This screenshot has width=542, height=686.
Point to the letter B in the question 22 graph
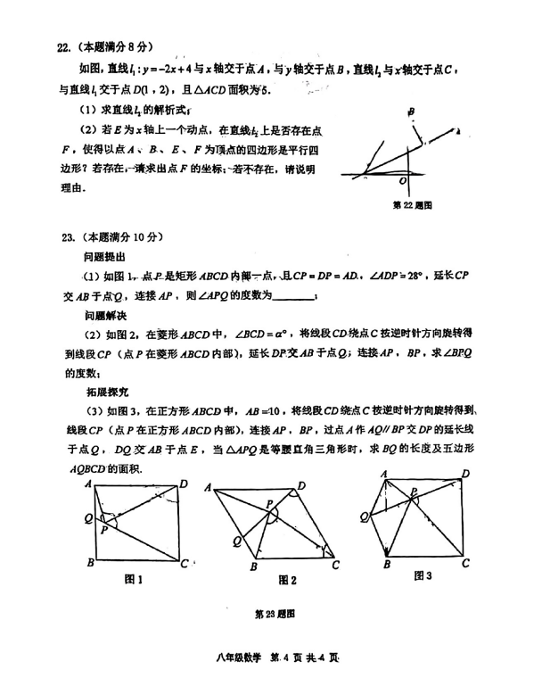coord(411,112)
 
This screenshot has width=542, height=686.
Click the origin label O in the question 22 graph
coord(403,181)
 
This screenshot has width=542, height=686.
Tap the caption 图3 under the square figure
coord(422,576)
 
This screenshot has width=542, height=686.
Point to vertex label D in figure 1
coord(185,483)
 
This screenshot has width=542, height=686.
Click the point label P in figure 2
coord(268,504)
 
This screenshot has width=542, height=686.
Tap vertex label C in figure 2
coord(336,564)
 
